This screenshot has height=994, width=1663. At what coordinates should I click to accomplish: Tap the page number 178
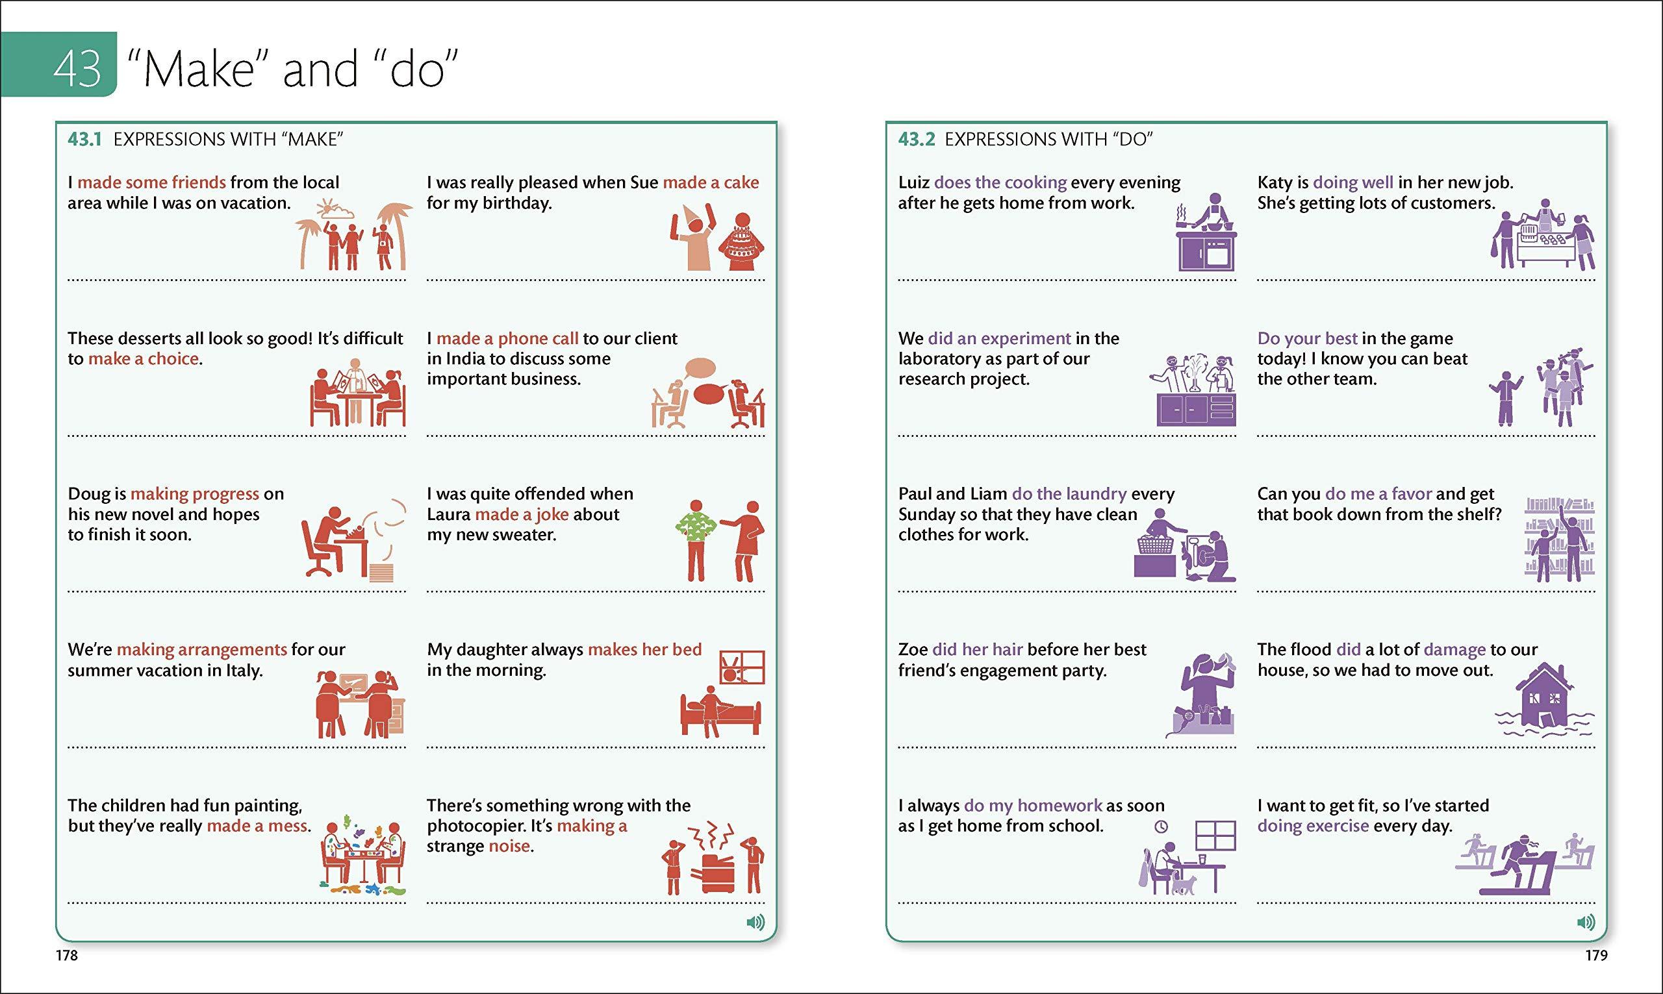pyautogui.click(x=67, y=956)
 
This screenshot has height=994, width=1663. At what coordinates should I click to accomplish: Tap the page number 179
pyautogui.click(x=1596, y=956)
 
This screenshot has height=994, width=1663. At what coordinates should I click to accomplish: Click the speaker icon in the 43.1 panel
pyautogui.click(x=755, y=923)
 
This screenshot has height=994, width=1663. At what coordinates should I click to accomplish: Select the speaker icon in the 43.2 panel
pyautogui.click(x=1586, y=923)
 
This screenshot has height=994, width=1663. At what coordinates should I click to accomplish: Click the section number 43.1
pyautogui.click(x=84, y=140)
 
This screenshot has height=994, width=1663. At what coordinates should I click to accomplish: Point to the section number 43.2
pyautogui.click(x=916, y=140)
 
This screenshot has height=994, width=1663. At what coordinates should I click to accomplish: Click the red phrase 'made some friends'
pyautogui.click(x=151, y=182)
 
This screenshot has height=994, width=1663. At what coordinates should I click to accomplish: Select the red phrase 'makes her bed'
pyautogui.click(x=644, y=649)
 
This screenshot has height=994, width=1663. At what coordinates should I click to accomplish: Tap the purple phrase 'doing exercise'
pyautogui.click(x=1314, y=826)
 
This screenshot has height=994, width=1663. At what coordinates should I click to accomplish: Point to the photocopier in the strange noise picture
pyautogui.click(x=717, y=873)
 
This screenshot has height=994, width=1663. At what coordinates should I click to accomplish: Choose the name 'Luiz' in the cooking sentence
pyautogui.click(x=914, y=182)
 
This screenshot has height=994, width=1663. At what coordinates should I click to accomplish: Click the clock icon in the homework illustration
pyautogui.click(x=1161, y=826)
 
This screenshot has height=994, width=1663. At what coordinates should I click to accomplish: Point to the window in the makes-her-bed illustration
pyautogui.click(x=742, y=667)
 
